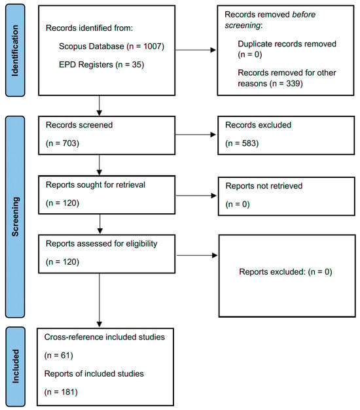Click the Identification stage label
[15, 50]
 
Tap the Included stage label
[16, 366]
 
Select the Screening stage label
[15, 216]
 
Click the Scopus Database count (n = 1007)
[145, 46]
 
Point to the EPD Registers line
[101, 65]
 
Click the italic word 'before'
[304, 14]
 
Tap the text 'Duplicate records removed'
[287, 44]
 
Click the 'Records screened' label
[79, 125]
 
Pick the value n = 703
[62, 143]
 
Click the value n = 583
[242, 143]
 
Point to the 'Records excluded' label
[258, 125]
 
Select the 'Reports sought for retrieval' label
[96, 185]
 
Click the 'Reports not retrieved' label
[264, 186]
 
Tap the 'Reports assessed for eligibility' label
[101, 244]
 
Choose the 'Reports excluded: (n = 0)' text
[285, 272]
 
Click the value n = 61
[59, 355]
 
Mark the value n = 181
[61, 392]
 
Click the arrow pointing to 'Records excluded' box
[196, 135]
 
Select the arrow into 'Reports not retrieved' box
[196, 196]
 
